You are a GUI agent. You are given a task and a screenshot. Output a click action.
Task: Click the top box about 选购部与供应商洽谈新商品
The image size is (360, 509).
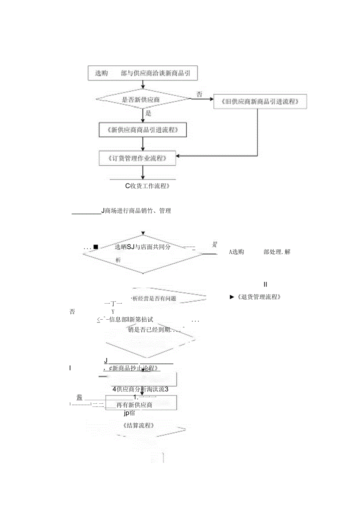[x=142, y=73]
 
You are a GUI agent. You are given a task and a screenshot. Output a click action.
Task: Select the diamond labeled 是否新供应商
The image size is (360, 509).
[x=143, y=99]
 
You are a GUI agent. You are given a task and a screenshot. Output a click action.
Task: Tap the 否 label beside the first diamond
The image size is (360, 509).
[x=200, y=94]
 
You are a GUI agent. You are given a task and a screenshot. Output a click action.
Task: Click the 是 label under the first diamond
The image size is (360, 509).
[x=148, y=113]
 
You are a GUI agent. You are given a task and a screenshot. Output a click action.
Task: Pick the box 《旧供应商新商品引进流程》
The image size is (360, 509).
[x=260, y=102]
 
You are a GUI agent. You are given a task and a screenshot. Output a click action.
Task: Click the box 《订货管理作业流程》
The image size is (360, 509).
[x=137, y=158]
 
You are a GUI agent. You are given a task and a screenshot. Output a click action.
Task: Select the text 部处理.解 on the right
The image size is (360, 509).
[x=277, y=252]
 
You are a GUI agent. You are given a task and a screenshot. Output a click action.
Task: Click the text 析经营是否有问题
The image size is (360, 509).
[x=154, y=299]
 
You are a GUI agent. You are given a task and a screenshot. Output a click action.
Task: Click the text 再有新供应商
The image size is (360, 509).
[x=134, y=405]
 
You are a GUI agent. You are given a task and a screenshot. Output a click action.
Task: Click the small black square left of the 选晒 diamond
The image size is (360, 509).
[x=95, y=247]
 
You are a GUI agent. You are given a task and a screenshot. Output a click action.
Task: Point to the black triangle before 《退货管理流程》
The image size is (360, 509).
[x=232, y=297]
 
